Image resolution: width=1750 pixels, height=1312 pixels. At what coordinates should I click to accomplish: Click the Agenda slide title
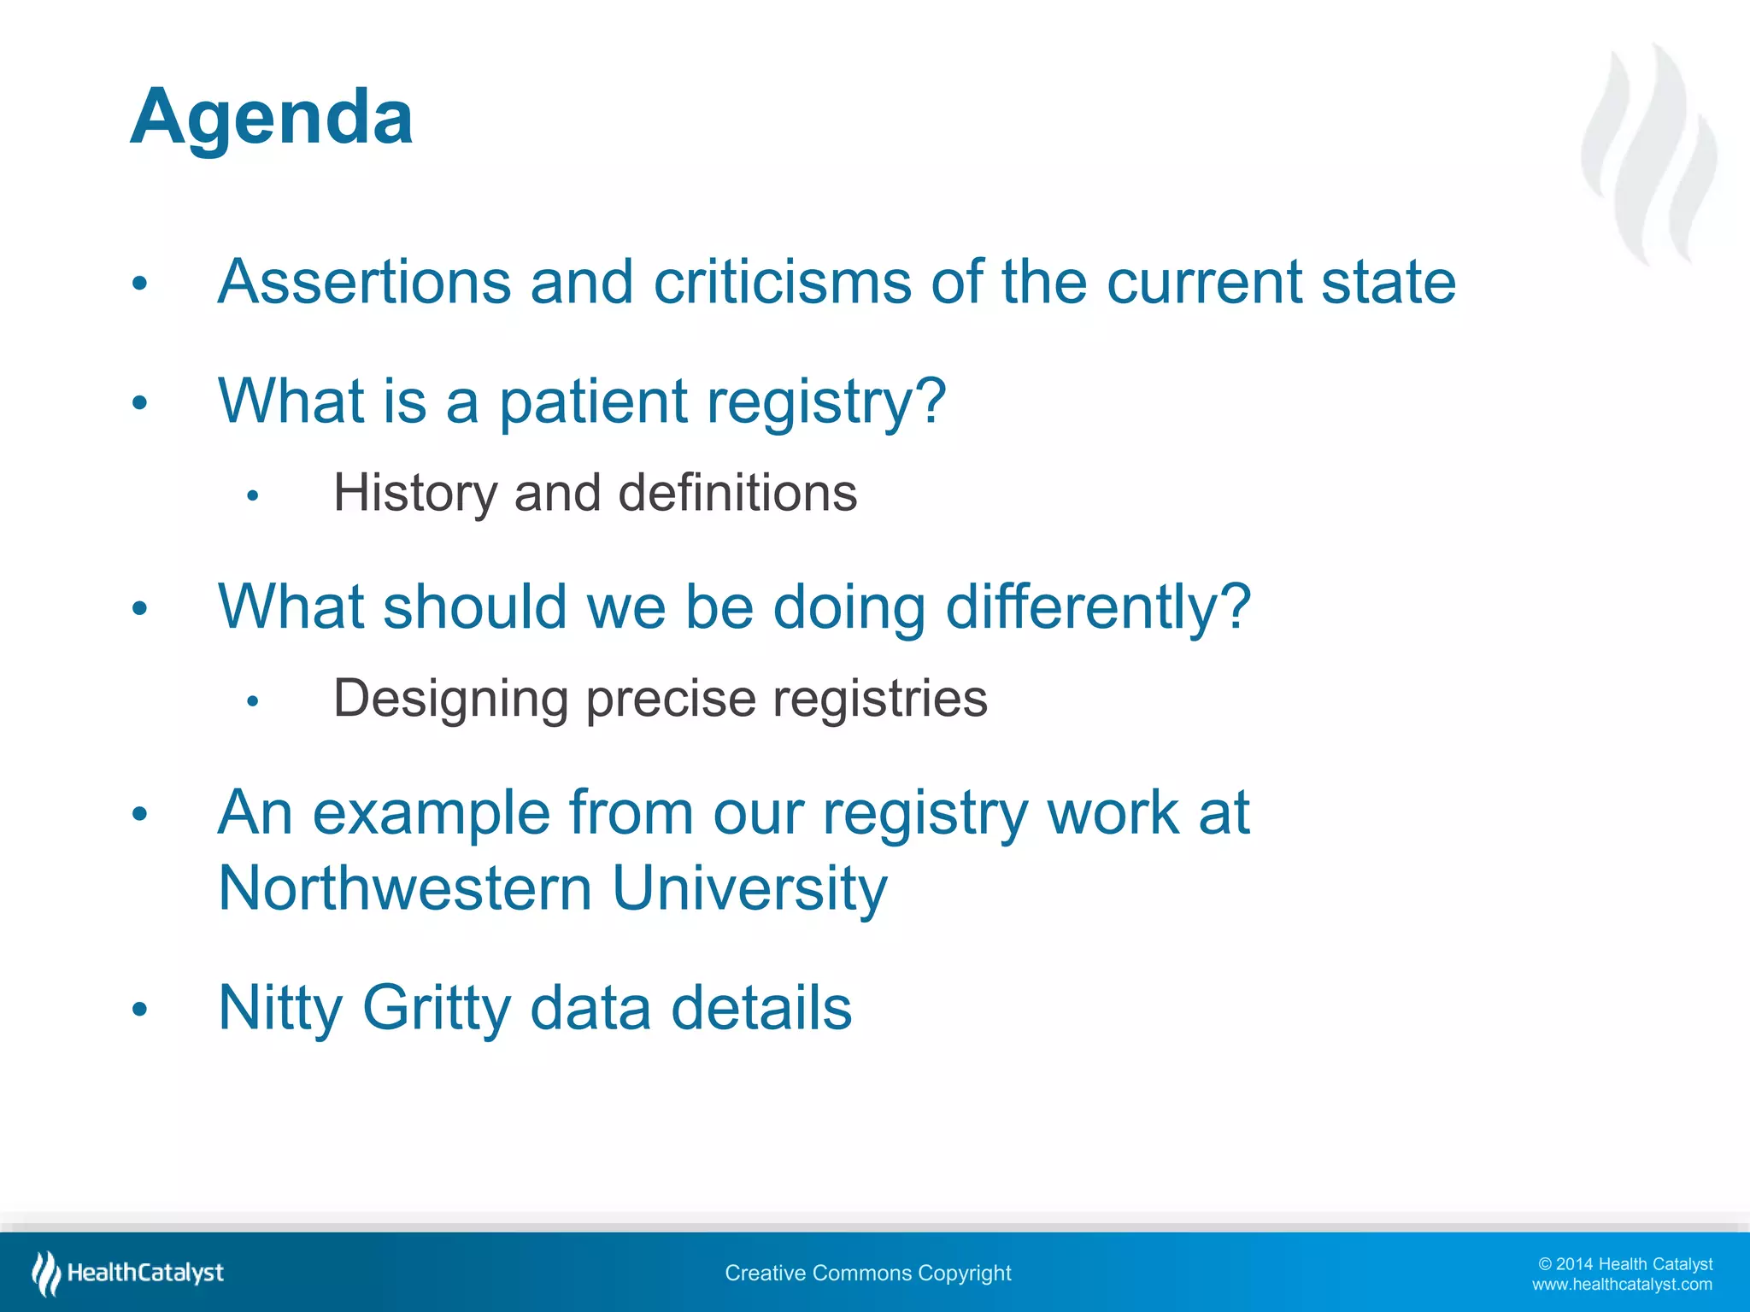(272, 117)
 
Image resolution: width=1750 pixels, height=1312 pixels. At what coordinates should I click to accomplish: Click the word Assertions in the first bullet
(364, 282)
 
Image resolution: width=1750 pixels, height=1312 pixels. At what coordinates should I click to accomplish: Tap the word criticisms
(782, 282)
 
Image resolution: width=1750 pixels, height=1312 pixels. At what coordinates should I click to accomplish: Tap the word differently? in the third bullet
(1098, 606)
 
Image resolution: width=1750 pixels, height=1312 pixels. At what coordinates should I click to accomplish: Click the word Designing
(450, 699)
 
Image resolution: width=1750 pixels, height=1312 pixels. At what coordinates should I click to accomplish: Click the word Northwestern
(405, 888)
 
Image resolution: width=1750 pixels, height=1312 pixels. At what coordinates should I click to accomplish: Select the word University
(750, 888)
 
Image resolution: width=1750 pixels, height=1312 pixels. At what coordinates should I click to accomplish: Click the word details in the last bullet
(761, 1008)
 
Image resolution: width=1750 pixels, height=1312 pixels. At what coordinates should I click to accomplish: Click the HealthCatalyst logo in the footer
(128, 1273)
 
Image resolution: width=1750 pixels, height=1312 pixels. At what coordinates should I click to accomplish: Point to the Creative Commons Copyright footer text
(867, 1273)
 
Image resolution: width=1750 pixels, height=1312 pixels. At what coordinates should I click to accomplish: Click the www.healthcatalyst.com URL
(1622, 1285)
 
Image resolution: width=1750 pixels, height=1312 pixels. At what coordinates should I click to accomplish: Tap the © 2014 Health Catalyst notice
(1625, 1264)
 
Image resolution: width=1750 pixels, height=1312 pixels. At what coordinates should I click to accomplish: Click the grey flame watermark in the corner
(1649, 154)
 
